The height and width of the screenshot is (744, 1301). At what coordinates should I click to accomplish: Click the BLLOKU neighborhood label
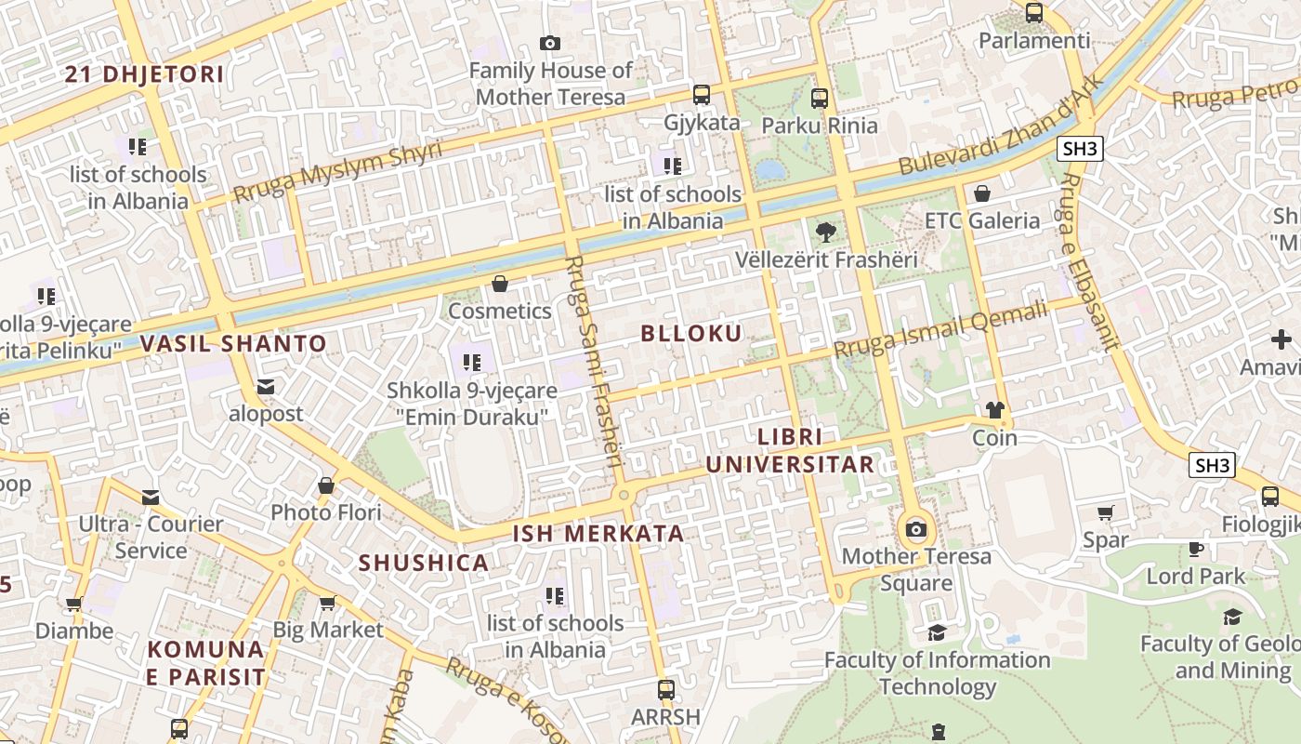[x=691, y=334]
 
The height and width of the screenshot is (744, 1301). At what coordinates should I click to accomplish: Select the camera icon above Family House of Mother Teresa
[x=550, y=43]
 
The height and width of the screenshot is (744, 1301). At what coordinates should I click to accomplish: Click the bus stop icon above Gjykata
[x=702, y=94]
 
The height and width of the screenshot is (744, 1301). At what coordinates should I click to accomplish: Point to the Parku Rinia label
[x=819, y=125]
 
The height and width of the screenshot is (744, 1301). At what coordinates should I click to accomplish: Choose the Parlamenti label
[x=1034, y=41]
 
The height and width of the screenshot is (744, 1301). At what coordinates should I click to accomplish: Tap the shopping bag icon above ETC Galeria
[x=982, y=193]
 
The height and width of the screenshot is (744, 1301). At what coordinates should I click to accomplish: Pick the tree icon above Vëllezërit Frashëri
[x=825, y=232]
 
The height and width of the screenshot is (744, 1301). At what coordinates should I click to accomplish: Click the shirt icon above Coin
[x=995, y=410]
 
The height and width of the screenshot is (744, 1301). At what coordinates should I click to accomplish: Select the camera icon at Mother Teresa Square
[x=916, y=529]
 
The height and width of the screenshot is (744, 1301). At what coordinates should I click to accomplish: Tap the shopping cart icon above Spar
[x=1106, y=512]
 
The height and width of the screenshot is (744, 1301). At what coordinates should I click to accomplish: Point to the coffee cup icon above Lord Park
[x=1196, y=549]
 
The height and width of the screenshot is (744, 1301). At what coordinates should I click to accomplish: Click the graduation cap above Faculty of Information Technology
[x=937, y=633]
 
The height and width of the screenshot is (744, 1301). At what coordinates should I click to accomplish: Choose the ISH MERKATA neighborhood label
[x=598, y=534]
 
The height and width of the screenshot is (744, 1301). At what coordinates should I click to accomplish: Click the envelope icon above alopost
[x=266, y=387]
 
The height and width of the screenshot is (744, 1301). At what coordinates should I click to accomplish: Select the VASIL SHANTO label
[x=233, y=343]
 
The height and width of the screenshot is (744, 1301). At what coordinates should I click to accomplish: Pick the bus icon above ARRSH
[x=665, y=690]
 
